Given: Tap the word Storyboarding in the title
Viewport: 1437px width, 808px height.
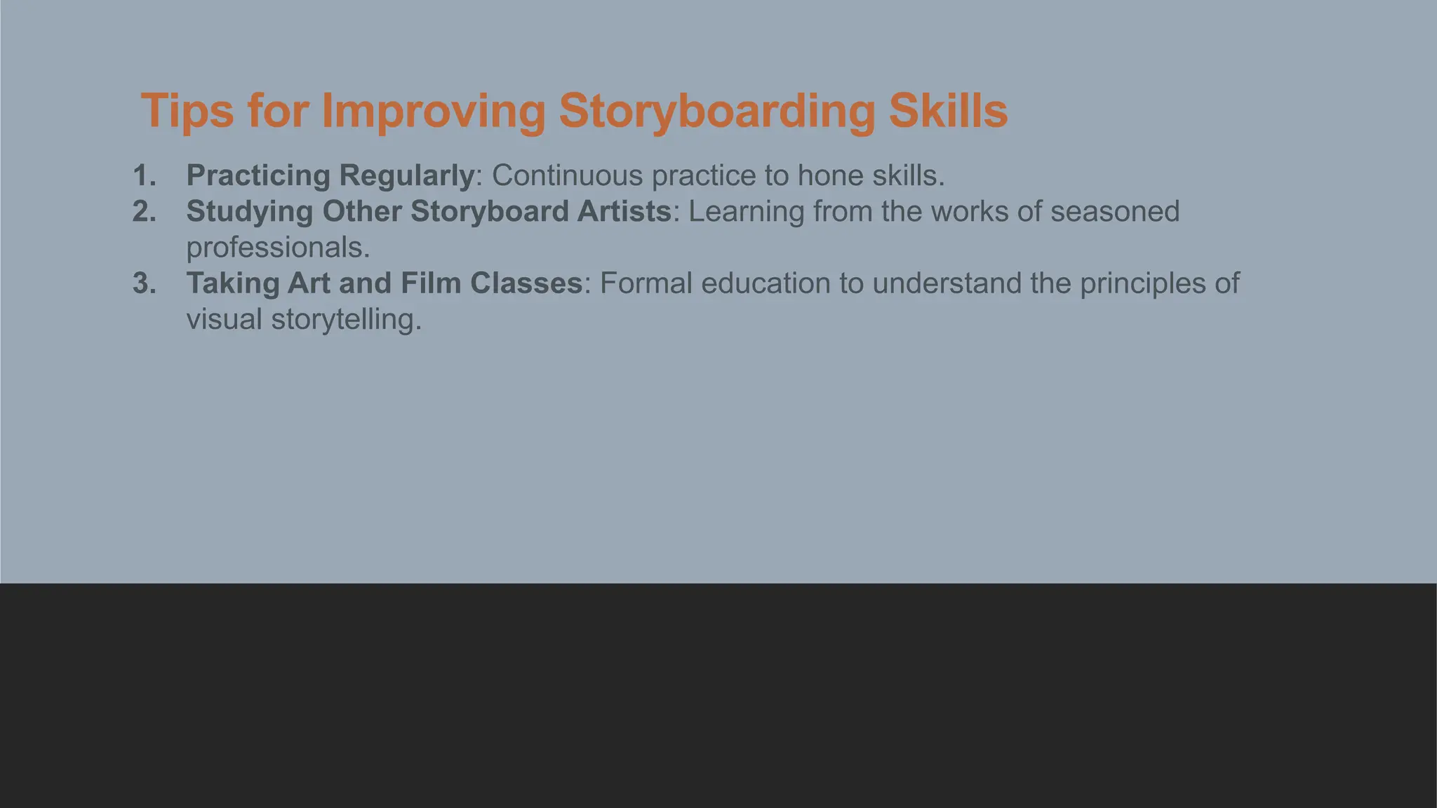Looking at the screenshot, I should (716, 111).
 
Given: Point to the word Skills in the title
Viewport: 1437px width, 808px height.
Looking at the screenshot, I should (948, 111).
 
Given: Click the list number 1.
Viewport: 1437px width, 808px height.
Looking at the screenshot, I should (144, 175).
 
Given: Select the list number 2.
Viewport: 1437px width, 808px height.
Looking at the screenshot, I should (144, 212).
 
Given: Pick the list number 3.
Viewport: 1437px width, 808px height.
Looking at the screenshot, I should (144, 283).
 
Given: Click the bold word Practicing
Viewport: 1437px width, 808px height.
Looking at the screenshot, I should (258, 175).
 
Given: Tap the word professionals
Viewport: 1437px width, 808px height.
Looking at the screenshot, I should (278, 248).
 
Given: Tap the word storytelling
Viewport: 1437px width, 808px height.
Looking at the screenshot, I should (347, 320).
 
